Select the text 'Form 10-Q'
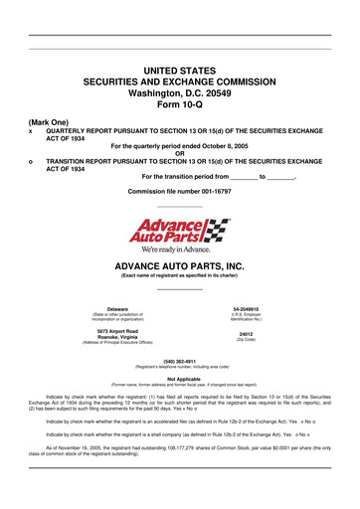pyautogui.click(x=180, y=105)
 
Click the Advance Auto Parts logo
pyautogui.click(x=180, y=231)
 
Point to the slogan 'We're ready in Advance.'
pyautogui.click(x=180, y=251)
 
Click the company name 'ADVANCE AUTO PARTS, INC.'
pyautogui.click(x=180, y=268)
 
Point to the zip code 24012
pyautogui.click(x=245, y=336)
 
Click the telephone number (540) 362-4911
pyautogui.click(x=180, y=360)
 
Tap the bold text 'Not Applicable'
pyautogui.click(x=180, y=378)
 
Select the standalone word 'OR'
pyautogui.click(x=180, y=152)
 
